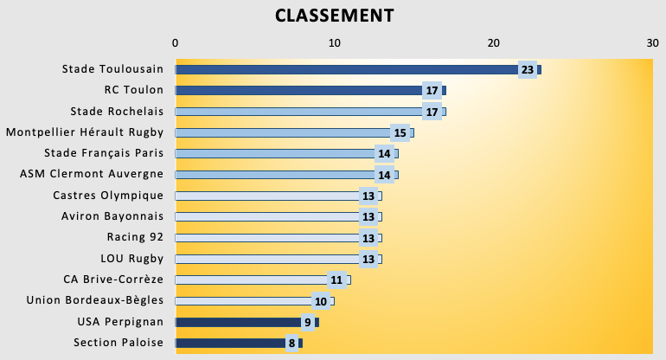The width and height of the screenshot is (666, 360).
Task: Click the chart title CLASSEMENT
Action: tap(334, 16)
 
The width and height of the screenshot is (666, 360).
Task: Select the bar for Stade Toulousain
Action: tap(346, 69)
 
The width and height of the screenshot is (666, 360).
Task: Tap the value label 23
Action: tap(527, 69)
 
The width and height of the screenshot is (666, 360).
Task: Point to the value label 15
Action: tap(400, 132)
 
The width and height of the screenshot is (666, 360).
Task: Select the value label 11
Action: tap(336, 280)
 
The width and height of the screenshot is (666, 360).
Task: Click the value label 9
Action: tap(306, 322)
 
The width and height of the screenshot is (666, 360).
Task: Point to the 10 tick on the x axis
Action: tap(335, 42)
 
